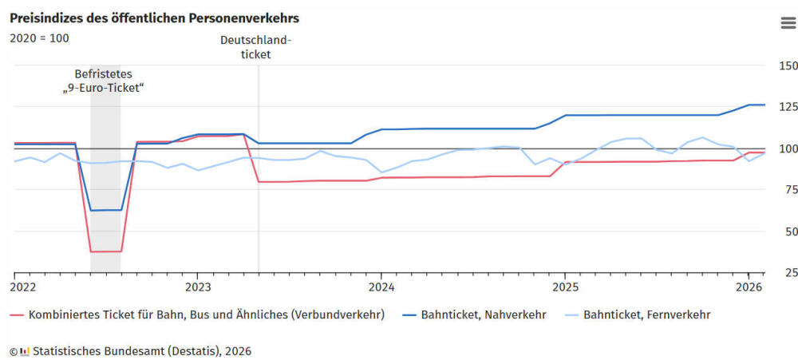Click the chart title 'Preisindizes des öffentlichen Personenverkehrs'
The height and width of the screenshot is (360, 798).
tap(155, 18)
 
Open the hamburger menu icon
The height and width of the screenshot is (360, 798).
tap(788, 22)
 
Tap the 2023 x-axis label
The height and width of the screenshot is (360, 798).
tap(198, 287)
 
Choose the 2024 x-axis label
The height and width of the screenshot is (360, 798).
tap(381, 287)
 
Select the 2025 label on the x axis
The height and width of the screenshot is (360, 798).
tap(565, 287)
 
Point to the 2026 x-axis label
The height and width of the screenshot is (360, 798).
tap(749, 287)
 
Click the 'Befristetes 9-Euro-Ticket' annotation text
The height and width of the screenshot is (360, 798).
tap(104, 81)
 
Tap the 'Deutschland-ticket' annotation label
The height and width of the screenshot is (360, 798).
tap(256, 48)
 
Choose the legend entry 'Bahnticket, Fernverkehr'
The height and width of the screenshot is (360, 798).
tap(646, 315)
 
